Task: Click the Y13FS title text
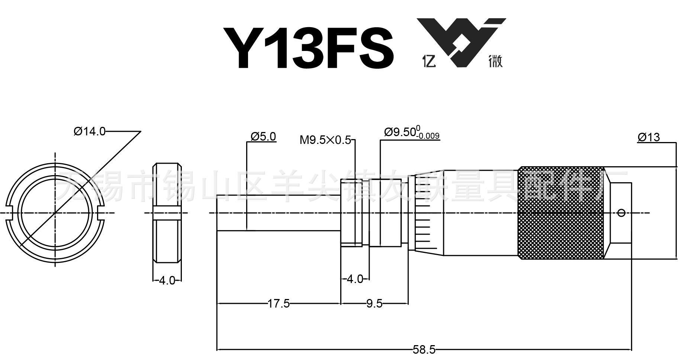click(x=308, y=48)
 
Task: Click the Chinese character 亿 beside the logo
click(x=429, y=61)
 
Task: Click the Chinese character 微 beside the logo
click(x=495, y=61)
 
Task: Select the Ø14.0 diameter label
click(x=90, y=131)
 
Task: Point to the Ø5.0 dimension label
click(x=263, y=136)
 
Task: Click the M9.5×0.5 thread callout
click(x=325, y=140)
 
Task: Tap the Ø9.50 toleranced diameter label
click(x=400, y=132)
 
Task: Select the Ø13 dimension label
click(x=649, y=137)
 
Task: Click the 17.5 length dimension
click(x=279, y=304)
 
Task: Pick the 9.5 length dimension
click(x=374, y=304)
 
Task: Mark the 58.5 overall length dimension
click(x=424, y=350)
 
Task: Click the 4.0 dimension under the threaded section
click(x=354, y=279)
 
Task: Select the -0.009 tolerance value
click(x=428, y=136)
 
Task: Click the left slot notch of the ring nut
click(x=10, y=213)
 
